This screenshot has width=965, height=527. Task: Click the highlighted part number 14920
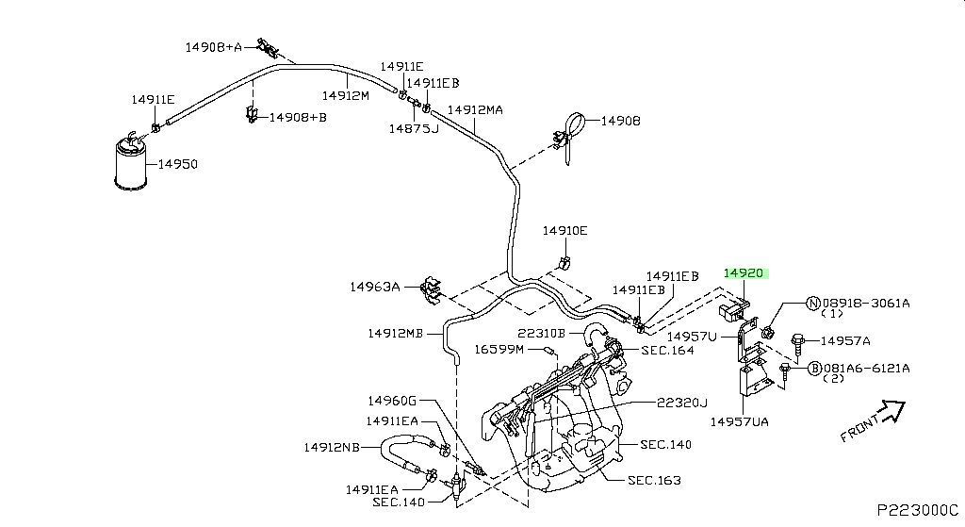(744, 273)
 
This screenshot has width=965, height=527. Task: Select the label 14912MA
(475, 110)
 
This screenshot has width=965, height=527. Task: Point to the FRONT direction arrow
(893, 411)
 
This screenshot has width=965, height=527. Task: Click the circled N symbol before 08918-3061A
(813, 303)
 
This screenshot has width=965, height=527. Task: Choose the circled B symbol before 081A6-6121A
(815, 369)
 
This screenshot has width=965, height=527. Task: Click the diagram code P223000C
(918, 510)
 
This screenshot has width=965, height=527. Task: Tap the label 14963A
(375, 287)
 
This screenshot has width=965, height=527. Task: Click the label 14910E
(564, 231)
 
